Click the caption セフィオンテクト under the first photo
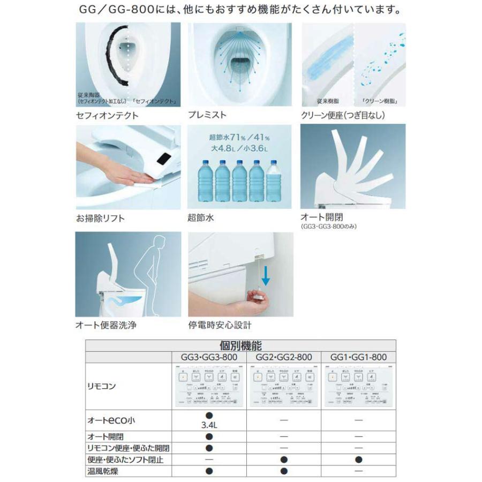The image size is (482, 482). [x=107, y=115]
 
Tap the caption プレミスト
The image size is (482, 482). [x=207, y=115]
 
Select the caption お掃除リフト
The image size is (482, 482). [x=100, y=218]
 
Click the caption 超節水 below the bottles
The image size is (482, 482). [x=200, y=218]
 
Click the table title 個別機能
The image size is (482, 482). [x=240, y=345]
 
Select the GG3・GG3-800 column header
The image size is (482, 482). [x=209, y=357]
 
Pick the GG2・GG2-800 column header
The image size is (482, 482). [x=284, y=357]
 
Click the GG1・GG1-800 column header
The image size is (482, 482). [x=358, y=357]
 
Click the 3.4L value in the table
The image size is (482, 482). [x=209, y=426]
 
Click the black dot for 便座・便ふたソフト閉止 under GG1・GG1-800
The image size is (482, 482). [x=358, y=460]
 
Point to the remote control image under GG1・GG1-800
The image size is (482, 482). [x=358, y=386]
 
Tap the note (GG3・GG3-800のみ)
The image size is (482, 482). [x=328, y=227]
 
